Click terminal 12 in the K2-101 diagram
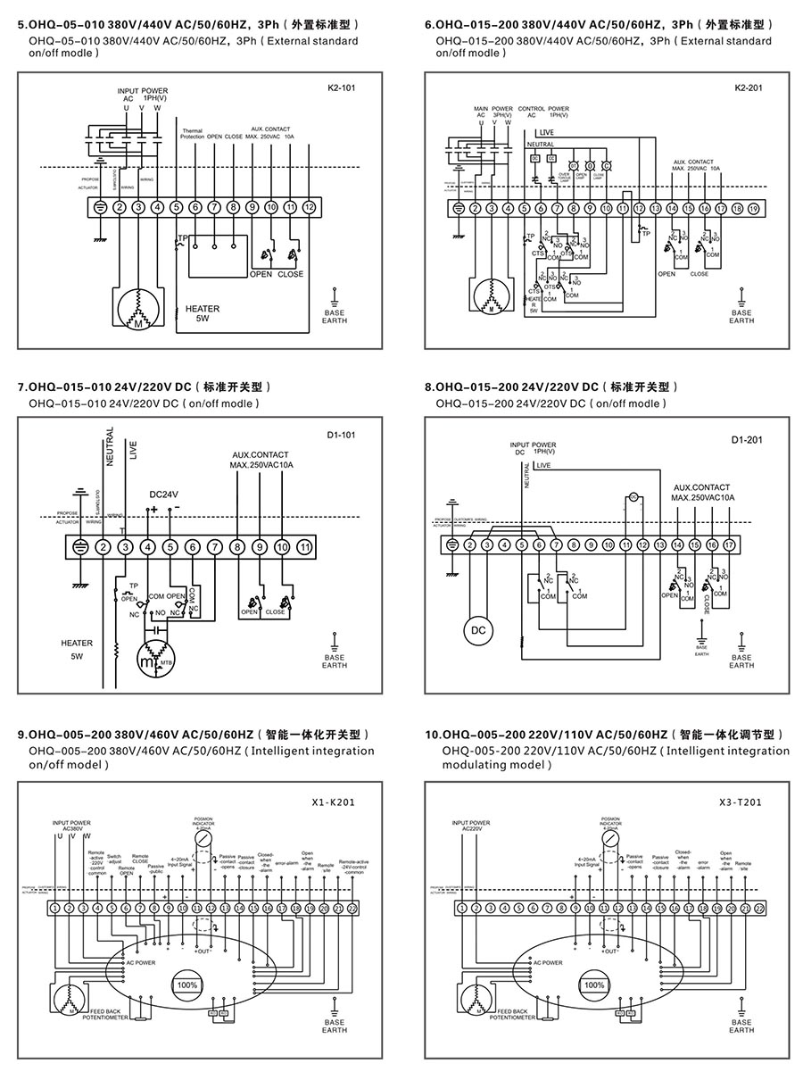(x=309, y=207)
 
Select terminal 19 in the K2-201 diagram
(x=753, y=208)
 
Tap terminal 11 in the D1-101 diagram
(x=304, y=546)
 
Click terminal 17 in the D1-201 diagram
(x=728, y=544)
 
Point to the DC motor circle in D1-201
(x=478, y=630)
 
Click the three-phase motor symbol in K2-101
(x=138, y=312)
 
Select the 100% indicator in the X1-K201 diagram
(x=187, y=985)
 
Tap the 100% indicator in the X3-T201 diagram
(x=593, y=985)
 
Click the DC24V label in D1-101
(x=163, y=494)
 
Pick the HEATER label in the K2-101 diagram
(x=203, y=309)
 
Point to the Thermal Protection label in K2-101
(x=192, y=134)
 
